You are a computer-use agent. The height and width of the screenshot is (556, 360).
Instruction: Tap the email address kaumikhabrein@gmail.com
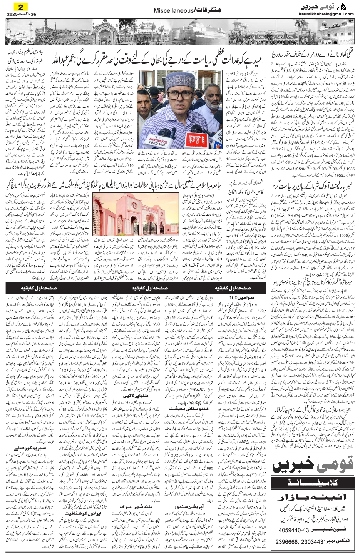pyautogui.click(x=326, y=14)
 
